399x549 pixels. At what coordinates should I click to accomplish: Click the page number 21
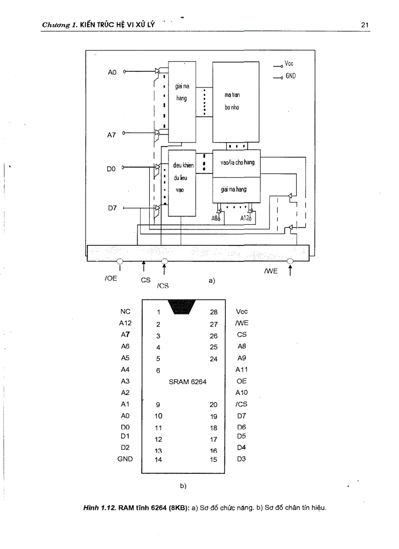(x=364, y=24)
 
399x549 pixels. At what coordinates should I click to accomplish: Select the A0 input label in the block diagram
(x=112, y=72)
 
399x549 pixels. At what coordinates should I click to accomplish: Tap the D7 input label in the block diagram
(x=111, y=208)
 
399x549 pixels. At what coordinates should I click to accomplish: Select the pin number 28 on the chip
(x=213, y=311)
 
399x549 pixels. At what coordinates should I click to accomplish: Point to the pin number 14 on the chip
(x=158, y=459)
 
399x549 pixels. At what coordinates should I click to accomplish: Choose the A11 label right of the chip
(x=242, y=370)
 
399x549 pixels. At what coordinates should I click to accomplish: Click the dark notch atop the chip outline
(x=182, y=307)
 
